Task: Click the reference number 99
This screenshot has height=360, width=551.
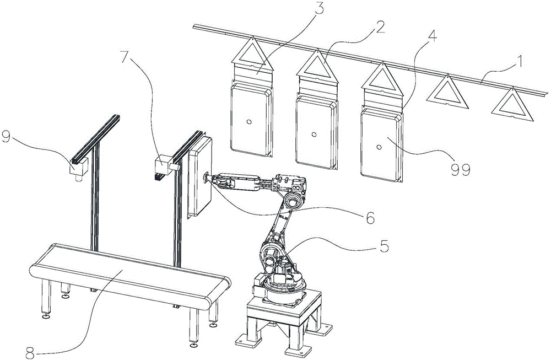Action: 460,170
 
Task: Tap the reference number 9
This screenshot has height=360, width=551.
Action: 6,137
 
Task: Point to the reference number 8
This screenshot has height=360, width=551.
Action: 31,351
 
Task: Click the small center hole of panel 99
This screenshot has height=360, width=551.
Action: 379,147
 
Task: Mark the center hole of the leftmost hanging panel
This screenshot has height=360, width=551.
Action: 249,122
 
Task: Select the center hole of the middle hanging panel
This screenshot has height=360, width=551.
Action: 314,134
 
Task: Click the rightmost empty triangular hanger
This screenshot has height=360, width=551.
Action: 512,105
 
